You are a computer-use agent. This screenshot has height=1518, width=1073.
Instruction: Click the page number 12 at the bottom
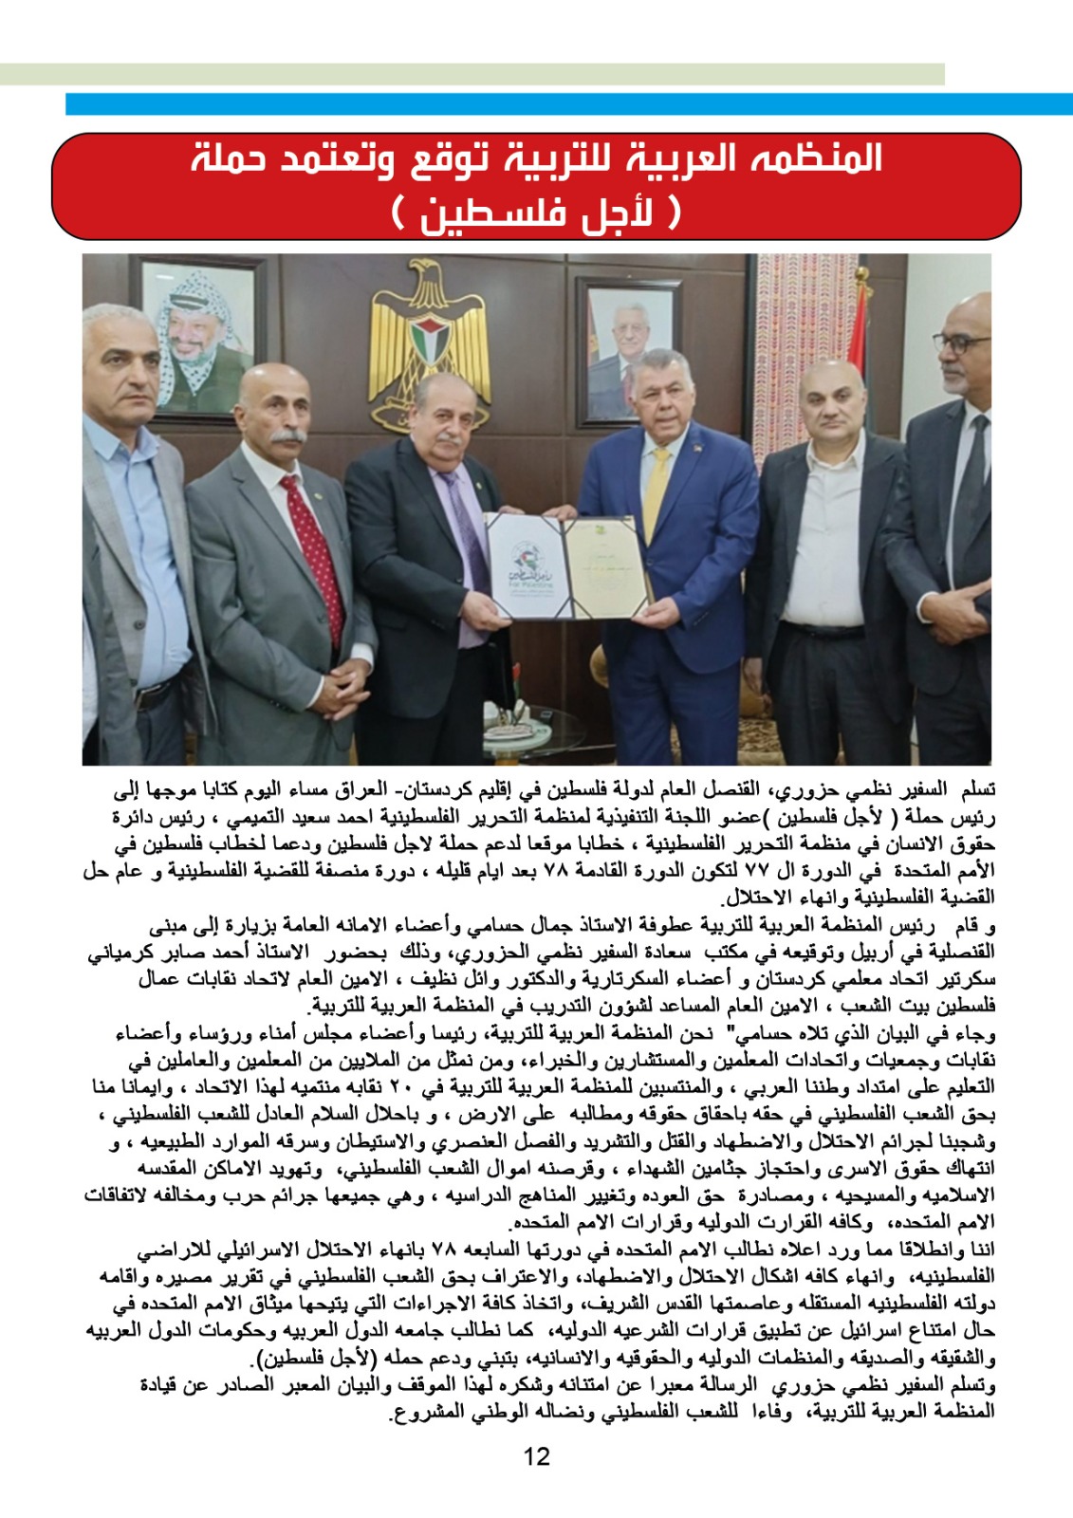(x=536, y=1456)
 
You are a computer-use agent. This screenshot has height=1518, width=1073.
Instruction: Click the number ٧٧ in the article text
(x=733, y=869)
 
